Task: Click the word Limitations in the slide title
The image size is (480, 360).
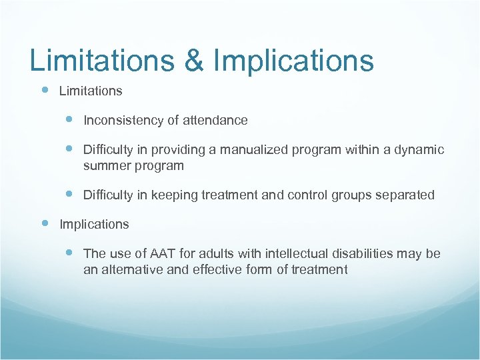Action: [100, 61]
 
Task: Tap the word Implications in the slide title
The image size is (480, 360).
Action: [293, 61]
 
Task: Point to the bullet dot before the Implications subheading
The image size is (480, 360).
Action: [45, 223]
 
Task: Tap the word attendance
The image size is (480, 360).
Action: [214, 121]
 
